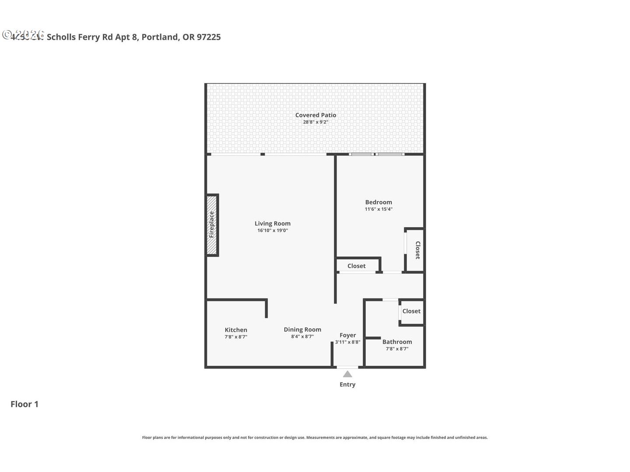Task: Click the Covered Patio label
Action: tap(315, 115)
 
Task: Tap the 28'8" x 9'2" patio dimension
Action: tap(315, 122)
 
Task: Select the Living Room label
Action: tap(273, 223)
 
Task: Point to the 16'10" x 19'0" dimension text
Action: tap(273, 230)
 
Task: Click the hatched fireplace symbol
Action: tap(212, 225)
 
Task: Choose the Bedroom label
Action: tap(378, 202)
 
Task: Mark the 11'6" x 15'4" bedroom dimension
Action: tap(378, 209)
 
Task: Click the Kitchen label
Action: tap(236, 330)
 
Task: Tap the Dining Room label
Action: tap(302, 330)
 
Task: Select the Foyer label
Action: tap(348, 335)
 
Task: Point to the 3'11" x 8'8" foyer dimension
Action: tap(348, 342)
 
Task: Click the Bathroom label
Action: tap(397, 342)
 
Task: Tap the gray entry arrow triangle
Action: tap(347, 374)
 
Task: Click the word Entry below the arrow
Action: tap(347, 385)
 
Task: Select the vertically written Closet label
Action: tap(417, 250)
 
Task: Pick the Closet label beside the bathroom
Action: tap(411, 311)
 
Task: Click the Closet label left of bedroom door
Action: tap(357, 266)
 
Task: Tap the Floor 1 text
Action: tap(24, 404)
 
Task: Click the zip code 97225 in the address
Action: tap(209, 37)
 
